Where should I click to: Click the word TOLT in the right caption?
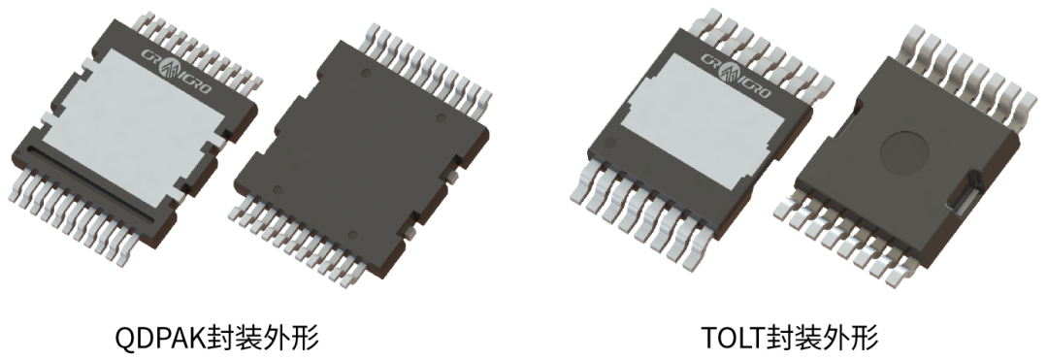tap(733, 338)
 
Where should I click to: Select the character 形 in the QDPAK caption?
tap(305, 338)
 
